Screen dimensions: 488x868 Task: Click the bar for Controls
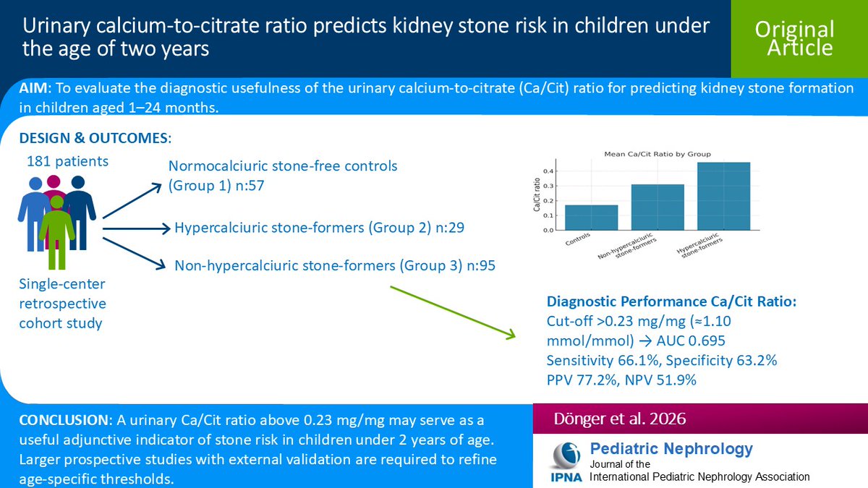(x=592, y=218)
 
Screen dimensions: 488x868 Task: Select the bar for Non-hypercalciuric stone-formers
(x=657, y=207)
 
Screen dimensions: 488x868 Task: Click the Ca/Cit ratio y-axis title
(x=536, y=197)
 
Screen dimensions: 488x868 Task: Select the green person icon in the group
(x=56, y=228)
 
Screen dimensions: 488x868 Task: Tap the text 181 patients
(x=67, y=161)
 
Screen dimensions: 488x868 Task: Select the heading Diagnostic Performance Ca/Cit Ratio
(x=671, y=301)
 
